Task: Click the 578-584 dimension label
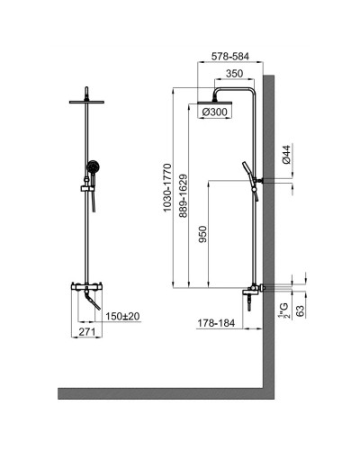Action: click(x=229, y=54)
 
